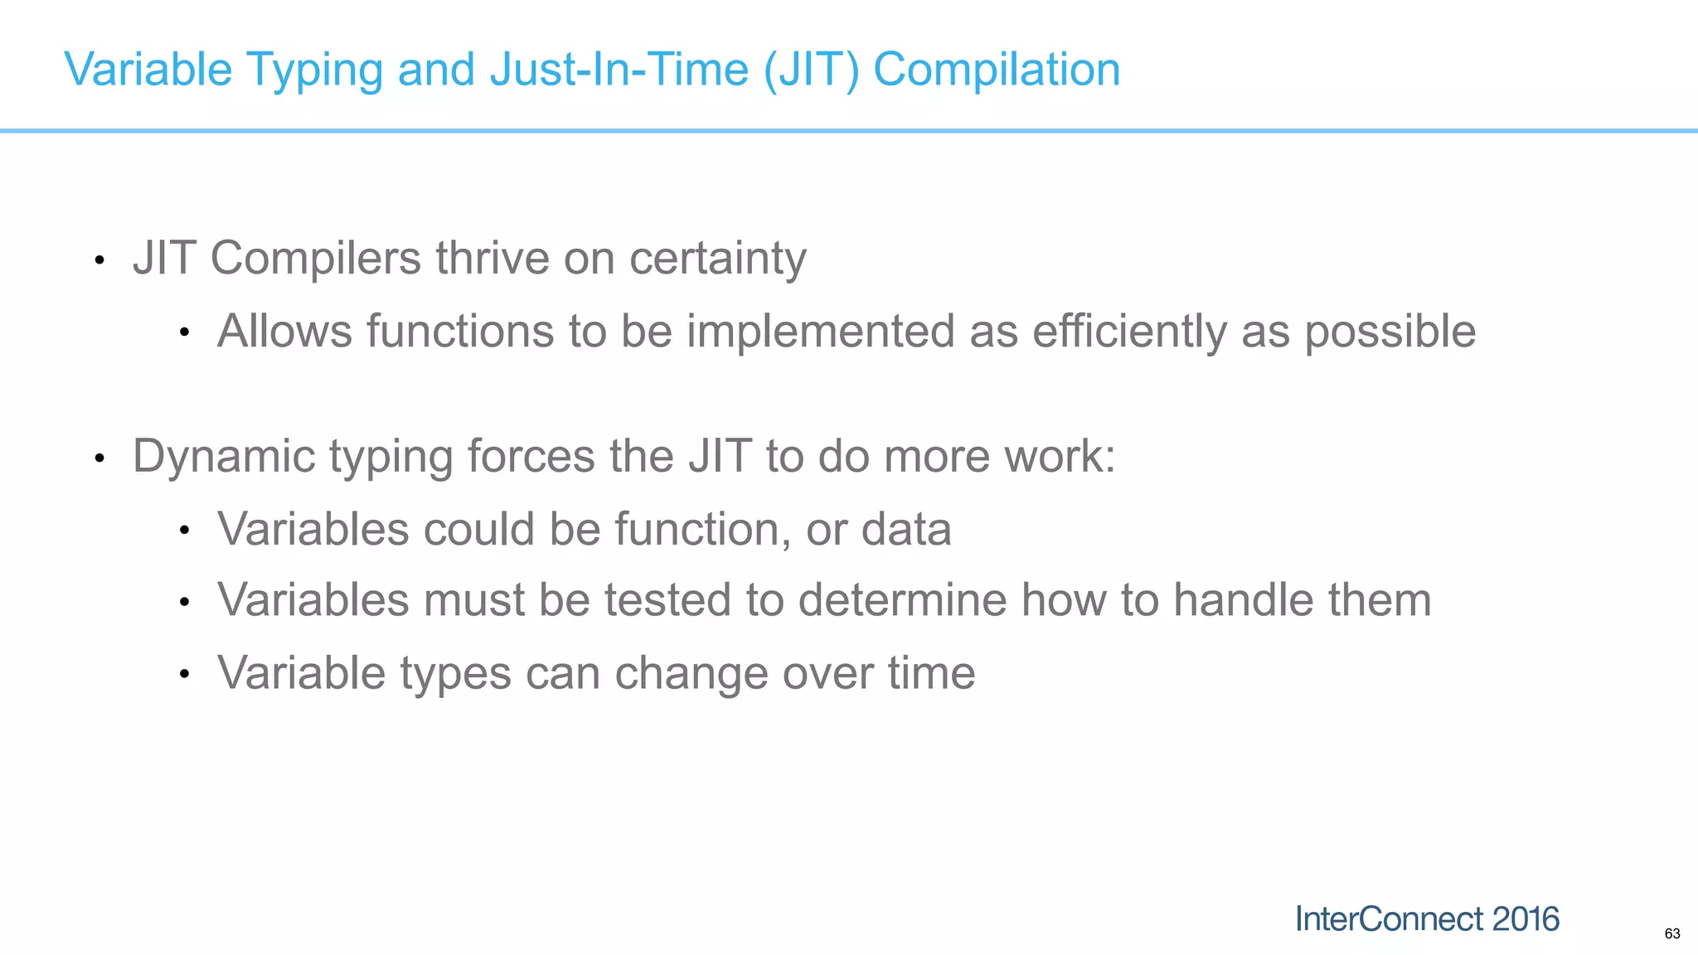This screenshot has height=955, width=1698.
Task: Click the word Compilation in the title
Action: click(997, 70)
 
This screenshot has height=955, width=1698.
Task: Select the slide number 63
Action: click(1671, 934)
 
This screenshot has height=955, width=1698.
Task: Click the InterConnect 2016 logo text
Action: click(1427, 919)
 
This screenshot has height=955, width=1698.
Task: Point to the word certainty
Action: click(717, 259)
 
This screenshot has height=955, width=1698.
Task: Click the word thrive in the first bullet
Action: click(492, 258)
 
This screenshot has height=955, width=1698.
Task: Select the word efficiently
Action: click(1129, 332)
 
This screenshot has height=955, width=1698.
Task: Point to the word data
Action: click(906, 529)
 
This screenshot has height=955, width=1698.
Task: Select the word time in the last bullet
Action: click(932, 672)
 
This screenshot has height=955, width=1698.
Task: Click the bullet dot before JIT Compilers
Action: click(99, 261)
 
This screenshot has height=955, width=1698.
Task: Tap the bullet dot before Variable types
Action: click(185, 675)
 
